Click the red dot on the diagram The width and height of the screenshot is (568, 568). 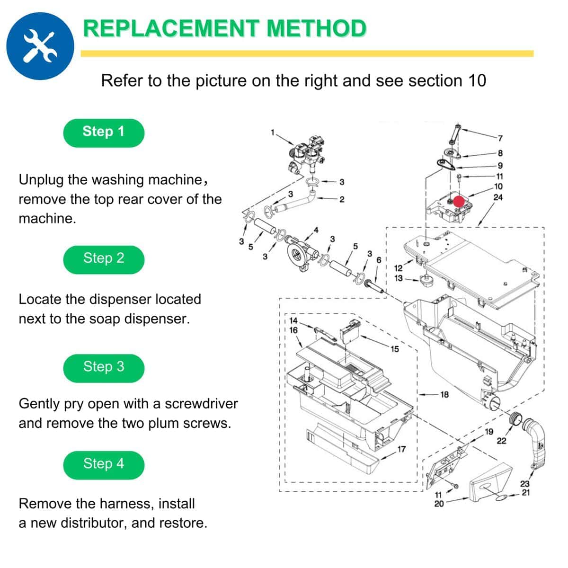point(459,201)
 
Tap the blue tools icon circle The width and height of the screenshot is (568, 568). point(40,46)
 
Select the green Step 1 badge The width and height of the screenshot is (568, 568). point(104,133)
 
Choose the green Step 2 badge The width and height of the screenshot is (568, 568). point(104,260)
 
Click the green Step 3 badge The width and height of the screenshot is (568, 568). point(104,368)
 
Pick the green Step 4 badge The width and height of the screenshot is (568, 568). point(104,465)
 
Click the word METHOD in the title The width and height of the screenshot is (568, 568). point(316,28)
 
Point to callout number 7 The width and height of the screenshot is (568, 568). point(500,138)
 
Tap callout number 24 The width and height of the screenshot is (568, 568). point(498,197)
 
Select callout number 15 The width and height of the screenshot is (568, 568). point(395,349)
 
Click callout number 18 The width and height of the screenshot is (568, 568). point(444,394)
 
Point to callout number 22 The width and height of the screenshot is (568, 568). point(501,441)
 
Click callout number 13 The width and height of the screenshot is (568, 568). point(399,278)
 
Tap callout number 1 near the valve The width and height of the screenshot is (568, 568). point(273,133)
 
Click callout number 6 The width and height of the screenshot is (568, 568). point(379,260)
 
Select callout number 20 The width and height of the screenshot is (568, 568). point(439,504)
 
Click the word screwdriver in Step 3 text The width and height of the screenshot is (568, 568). point(201,404)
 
